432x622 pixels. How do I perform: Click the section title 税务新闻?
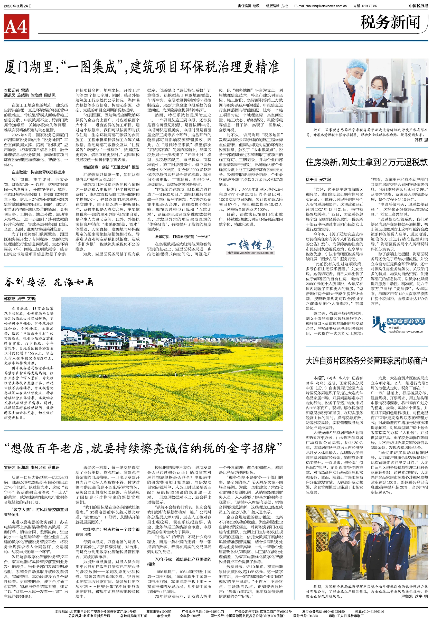pos(390,22)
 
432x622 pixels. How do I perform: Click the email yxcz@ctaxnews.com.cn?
pos(251,253)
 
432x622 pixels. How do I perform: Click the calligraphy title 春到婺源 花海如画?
pos(49,283)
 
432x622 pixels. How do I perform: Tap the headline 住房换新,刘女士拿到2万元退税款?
pos(367,162)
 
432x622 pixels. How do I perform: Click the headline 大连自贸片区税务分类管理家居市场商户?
pos(367,361)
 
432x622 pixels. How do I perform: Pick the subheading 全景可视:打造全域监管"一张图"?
pos(182,237)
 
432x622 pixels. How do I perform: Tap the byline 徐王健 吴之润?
pos(318,180)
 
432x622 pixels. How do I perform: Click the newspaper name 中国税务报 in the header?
pos(418,6)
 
